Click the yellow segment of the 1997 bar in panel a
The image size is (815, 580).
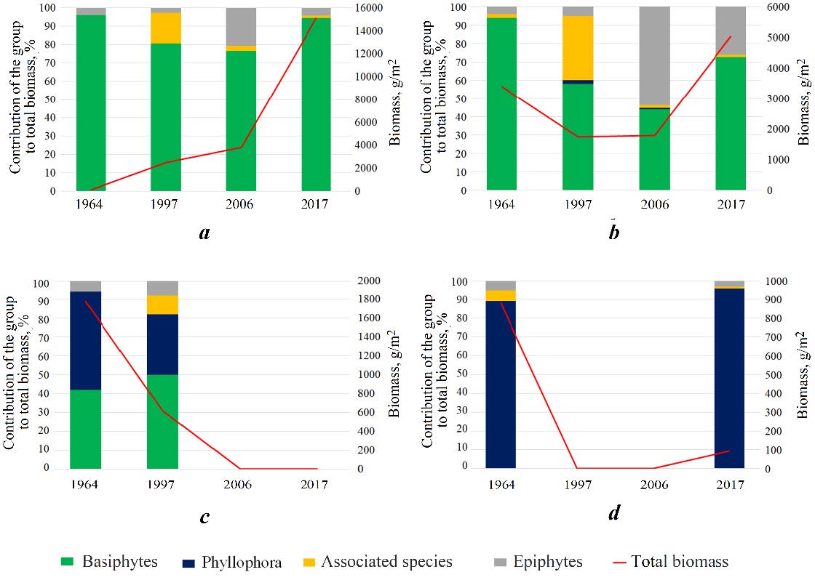166,28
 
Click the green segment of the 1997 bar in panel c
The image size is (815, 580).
162,422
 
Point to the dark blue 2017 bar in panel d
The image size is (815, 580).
729,378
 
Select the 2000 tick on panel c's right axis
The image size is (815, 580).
367,281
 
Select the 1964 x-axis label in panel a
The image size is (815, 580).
89,205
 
